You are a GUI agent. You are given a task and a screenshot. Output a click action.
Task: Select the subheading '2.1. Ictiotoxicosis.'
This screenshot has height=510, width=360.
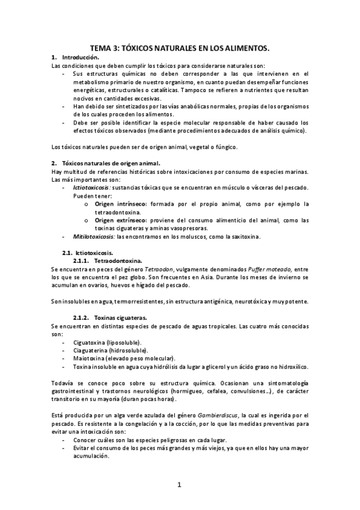click(x=88, y=253)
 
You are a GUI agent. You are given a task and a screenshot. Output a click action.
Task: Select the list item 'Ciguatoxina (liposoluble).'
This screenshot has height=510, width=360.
click(x=107, y=342)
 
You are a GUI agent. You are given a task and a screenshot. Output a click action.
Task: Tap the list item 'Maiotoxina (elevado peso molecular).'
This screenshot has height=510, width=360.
click(x=123, y=358)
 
